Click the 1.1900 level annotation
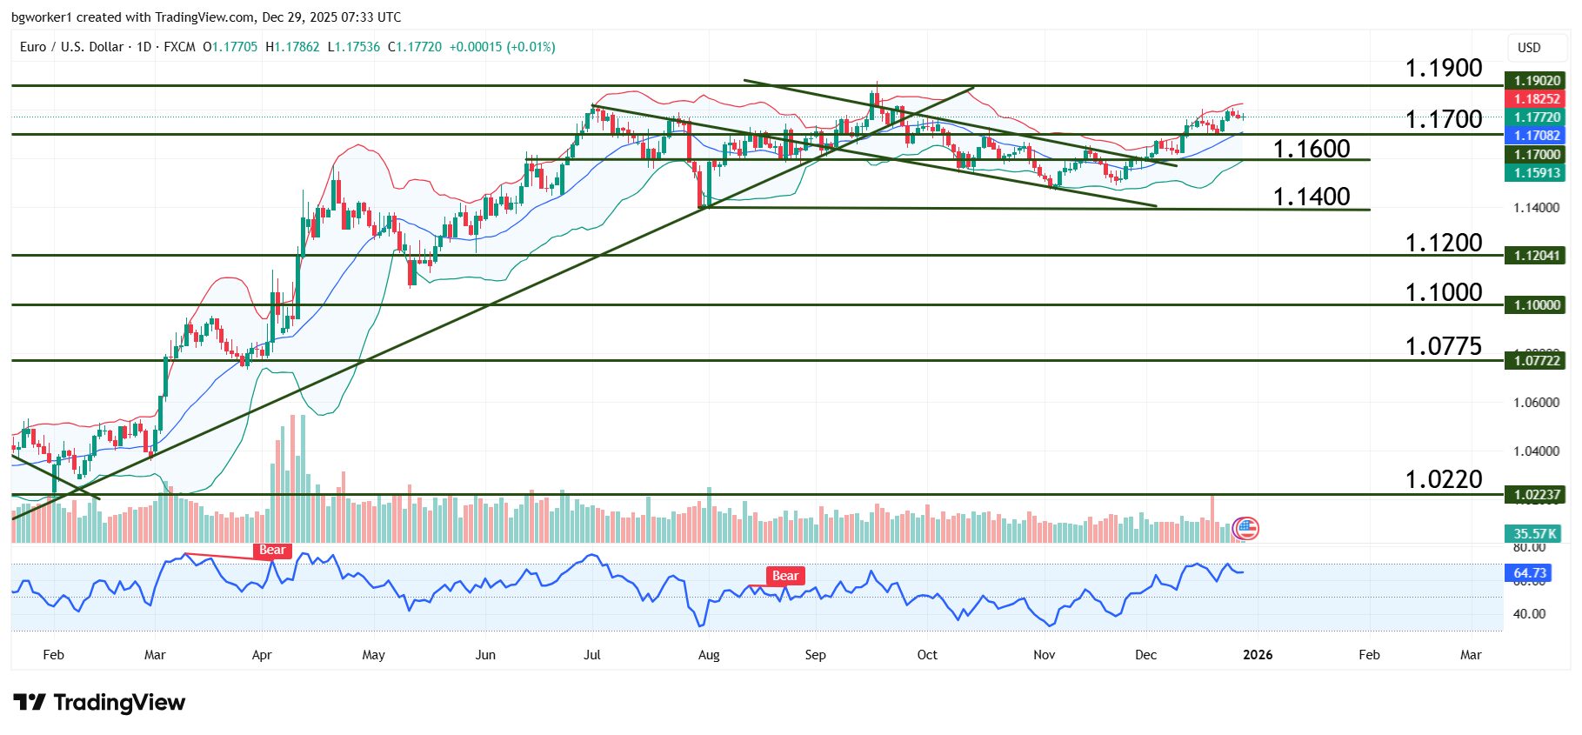[x=1443, y=68]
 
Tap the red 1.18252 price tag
[x=1536, y=99]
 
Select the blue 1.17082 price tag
[x=1536, y=136]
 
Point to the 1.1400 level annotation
[x=1311, y=197]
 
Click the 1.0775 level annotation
[x=1443, y=346]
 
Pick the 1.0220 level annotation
[x=1443, y=479]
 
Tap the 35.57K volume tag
[x=1534, y=534]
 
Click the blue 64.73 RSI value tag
[x=1529, y=573]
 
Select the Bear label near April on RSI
[x=272, y=550]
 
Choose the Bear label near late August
[x=784, y=576]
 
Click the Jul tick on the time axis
[x=592, y=655]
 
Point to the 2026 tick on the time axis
[x=1258, y=655]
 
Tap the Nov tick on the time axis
[x=1044, y=655]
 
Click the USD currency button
[x=1528, y=48]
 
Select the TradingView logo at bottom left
[x=99, y=703]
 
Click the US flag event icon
[x=1246, y=528]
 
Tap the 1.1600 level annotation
[x=1311, y=149]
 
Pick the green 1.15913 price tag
[x=1536, y=173]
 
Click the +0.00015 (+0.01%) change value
[x=502, y=47]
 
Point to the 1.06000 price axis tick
[x=1536, y=403]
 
